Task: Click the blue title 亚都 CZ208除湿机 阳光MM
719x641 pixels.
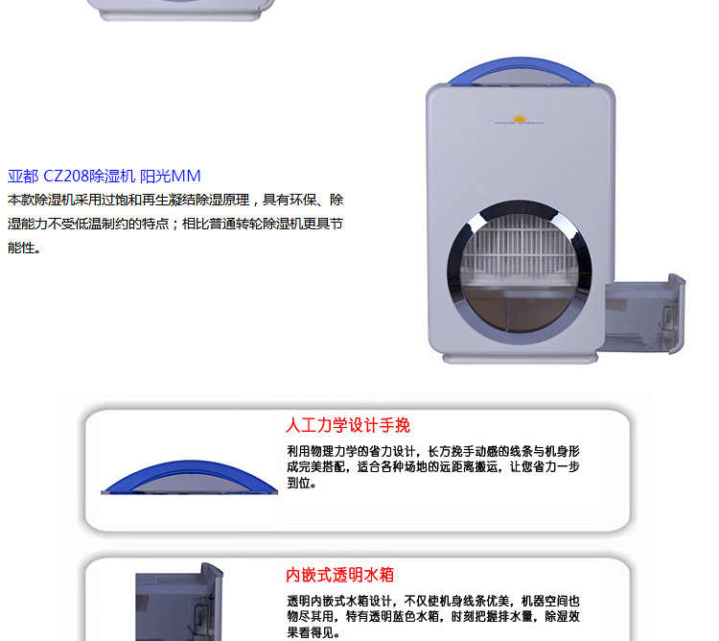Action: click(x=104, y=177)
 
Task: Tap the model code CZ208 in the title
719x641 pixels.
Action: click(x=65, y=177)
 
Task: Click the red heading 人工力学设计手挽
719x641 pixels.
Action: click(x=348, y=425)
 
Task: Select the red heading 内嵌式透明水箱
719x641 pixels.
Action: click(x=339, y=575)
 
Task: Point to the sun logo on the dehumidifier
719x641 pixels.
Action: click(x=520, y=119)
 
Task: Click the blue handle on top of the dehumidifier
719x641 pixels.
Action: click(x=521, y=71)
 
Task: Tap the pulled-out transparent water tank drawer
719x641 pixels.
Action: click(x=645, y=315)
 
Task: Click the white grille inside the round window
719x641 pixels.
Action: click(x=520, y=246)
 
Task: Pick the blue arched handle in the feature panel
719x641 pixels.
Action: click(x=190, y=477)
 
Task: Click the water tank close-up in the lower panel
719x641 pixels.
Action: click(x=179, y=602)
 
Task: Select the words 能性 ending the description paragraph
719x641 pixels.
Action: click(x=21, y=248)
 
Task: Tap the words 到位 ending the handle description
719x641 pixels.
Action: click(x=298, y=483)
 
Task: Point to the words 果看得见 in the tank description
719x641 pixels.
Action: click(x=310, y=632)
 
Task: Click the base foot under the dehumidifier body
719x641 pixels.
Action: click(x=520, y=359)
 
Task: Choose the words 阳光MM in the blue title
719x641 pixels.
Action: click(x=170, y=177)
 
